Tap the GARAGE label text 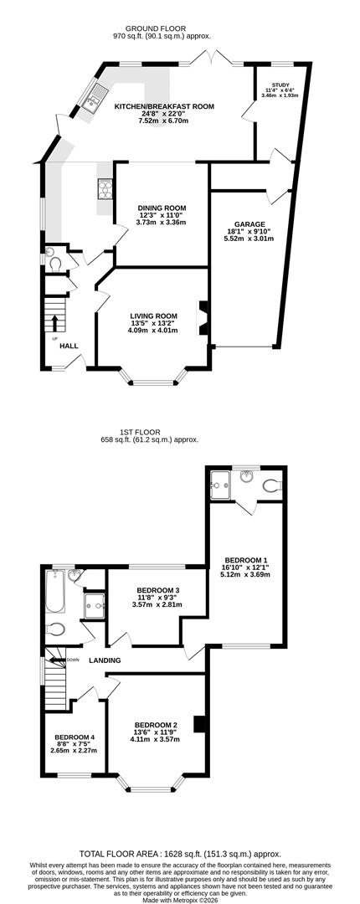click(x=249, y=224)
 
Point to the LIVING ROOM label click(x=153, y=316)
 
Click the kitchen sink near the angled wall click(x=92, y=99)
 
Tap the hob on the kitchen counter click(x=105, y=188)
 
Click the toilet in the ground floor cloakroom click(x=55, y=264)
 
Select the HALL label click(x=69, y=346)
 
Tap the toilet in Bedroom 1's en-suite click(x=272, y=486)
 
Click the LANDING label click(x=105, y=660)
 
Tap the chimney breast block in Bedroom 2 click(x=199, y=724)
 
